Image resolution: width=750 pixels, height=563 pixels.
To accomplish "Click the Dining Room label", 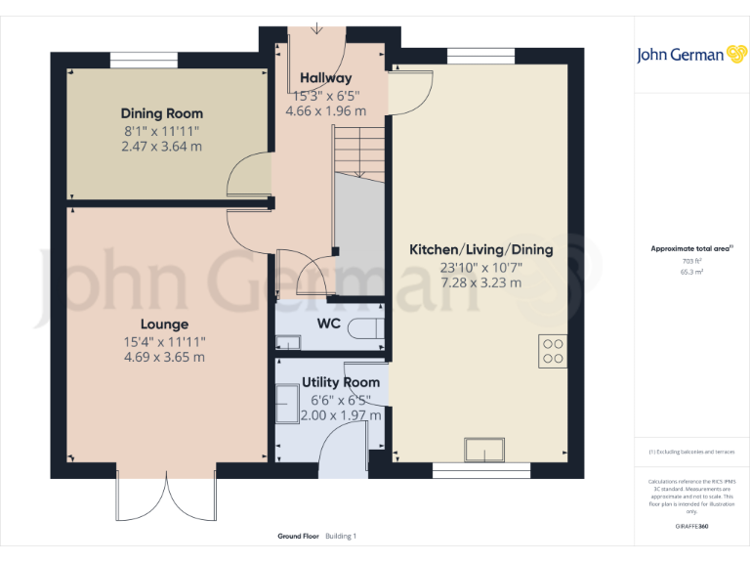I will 162,113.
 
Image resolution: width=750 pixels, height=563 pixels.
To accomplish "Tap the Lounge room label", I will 163,324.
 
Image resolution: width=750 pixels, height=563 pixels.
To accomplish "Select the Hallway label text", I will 325,78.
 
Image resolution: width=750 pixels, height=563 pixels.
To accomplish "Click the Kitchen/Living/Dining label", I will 480,249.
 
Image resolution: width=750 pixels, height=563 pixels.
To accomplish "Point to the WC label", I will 327,324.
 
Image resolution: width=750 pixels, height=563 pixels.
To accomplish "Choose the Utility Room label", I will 340,382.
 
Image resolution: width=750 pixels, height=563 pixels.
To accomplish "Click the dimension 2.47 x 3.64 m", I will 163,147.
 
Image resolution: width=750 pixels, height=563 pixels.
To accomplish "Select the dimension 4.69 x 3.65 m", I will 163,357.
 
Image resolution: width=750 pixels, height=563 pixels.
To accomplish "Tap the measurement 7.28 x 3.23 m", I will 480,282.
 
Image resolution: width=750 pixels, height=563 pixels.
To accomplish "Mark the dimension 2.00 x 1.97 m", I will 340,415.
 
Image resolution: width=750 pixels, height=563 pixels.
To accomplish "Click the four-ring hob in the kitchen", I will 552,351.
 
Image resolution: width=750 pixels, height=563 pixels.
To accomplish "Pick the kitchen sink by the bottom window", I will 485,451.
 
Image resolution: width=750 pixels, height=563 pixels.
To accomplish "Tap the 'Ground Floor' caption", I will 297,537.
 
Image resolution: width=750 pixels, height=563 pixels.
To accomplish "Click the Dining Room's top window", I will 144,61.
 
